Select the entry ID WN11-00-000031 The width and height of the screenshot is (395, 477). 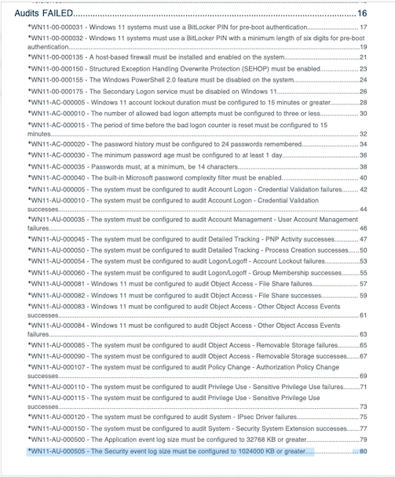point(57,27)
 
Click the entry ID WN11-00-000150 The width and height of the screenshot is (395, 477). point(57,68)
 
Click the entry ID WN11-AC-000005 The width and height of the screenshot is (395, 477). point(57,102)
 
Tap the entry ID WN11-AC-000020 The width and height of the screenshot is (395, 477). point(57,144)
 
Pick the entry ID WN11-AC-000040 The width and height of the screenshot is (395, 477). point(57,177)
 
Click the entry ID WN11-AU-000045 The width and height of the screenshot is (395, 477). point(57,239)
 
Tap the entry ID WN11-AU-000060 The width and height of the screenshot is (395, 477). point(57,272)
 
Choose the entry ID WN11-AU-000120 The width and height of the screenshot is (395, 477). point(57,417)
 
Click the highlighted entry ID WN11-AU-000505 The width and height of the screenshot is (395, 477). point(57,451)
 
